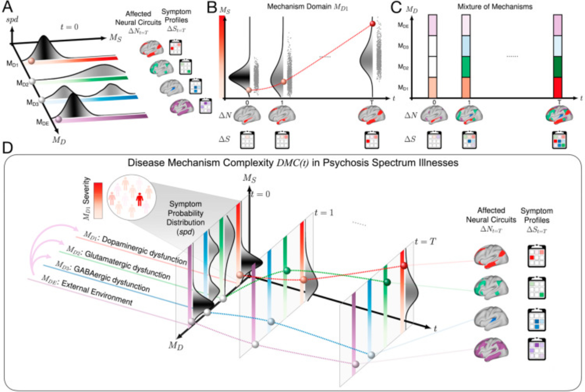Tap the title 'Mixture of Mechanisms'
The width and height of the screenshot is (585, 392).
point(495,7)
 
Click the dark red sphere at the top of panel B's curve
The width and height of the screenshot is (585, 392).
point(372,24)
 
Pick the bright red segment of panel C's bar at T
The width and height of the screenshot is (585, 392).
point(558,88)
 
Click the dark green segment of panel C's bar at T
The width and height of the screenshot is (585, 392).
point(558,67)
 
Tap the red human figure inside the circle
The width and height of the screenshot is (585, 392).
point(140,199)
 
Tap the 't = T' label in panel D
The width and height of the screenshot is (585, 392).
point(425,242)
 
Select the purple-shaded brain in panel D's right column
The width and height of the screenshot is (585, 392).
point(491,349)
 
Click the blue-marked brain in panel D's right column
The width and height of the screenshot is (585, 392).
point(491,319)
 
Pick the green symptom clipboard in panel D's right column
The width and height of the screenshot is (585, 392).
point(536,288)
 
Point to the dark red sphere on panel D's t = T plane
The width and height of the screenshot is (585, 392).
point(404,265)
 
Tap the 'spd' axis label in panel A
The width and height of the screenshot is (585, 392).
point(12,20)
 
